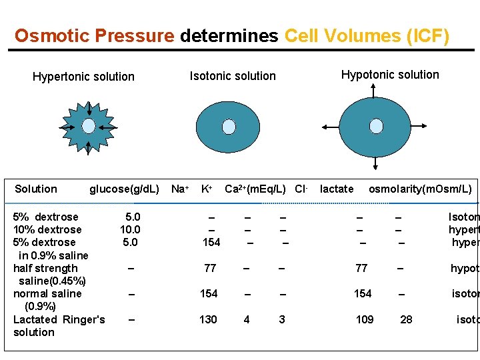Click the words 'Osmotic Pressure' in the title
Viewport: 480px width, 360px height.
[x=95, y=35]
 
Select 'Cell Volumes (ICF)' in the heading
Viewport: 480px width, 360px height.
[x=367, y=35]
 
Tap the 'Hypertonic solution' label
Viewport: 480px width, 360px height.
[x=83, y=77]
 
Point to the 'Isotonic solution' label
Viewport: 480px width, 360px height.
[x=233, y=76]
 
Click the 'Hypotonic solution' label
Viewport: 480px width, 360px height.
[x=390, y=75]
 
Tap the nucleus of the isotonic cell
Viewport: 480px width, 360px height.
[x=229, y=127]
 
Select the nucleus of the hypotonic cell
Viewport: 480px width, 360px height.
[x=376, y=126]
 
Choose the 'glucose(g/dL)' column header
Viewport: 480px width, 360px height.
[x=124, y=189]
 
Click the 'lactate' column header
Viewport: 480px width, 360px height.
[x=337, y=189]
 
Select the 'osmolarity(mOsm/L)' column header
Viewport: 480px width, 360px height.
[x=420, y=189]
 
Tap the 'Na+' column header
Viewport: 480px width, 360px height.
[x=179, y=189]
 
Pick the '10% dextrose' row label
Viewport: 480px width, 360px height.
[x=47, y=229]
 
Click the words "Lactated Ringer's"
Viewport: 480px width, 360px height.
[x=59, y=319]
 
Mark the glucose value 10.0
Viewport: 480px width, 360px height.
[x=130, y=229]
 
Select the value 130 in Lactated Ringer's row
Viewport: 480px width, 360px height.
[x=208, y=319]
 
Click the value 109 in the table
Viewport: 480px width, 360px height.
[x=365, y=319]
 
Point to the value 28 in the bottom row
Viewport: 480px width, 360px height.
[x=406, y=319]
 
